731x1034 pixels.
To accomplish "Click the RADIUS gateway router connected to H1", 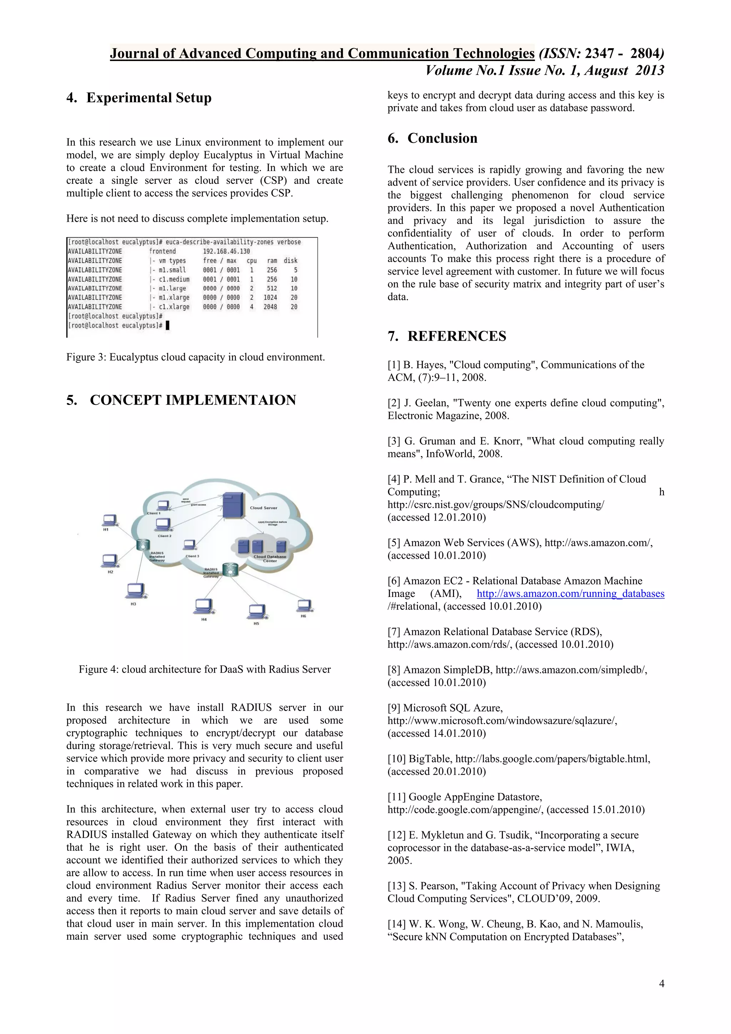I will [143, 545].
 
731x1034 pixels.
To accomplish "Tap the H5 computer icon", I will [257, 611].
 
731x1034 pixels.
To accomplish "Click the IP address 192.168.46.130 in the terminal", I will [226, 251].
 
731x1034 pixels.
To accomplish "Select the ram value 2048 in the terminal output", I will [270, 307].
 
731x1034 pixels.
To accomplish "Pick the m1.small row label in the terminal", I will [172, 270].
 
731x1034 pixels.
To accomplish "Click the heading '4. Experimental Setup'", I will [139, 98].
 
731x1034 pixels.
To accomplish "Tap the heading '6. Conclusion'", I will [432, 138].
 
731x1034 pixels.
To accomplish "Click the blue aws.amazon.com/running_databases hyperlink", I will [570, 593].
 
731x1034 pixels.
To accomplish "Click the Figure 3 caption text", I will [195, 357].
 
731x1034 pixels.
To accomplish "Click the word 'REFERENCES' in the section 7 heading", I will [457, 336].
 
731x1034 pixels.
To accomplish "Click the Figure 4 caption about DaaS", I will [205, 669].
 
